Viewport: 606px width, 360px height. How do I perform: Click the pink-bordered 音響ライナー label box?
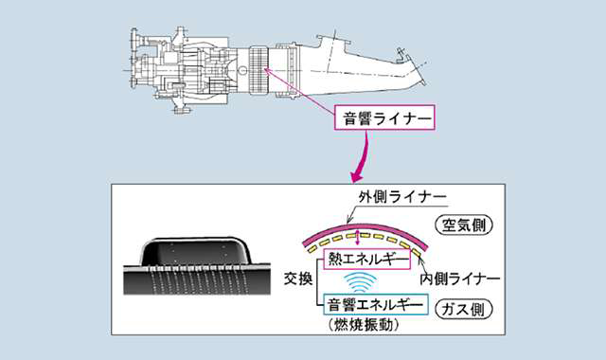tap(384, 117)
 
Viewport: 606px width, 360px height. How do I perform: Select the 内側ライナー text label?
tap(460, 279)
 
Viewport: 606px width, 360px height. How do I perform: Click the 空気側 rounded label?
tap(464, 225)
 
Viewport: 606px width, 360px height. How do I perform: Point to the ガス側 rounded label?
tap(464, 309)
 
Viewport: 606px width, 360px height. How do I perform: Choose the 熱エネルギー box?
tap(366, 259)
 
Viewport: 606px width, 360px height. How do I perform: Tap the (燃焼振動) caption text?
tap(364, 325)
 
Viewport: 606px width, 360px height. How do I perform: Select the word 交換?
tap(298, 278)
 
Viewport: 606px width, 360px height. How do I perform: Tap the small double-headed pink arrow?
tap(358, 238)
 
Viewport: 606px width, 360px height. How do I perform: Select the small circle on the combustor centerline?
tap(242, 70)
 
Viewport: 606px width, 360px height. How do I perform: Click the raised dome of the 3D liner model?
tap(194, 251)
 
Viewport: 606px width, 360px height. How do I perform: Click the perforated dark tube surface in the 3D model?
tap(197, 281)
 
